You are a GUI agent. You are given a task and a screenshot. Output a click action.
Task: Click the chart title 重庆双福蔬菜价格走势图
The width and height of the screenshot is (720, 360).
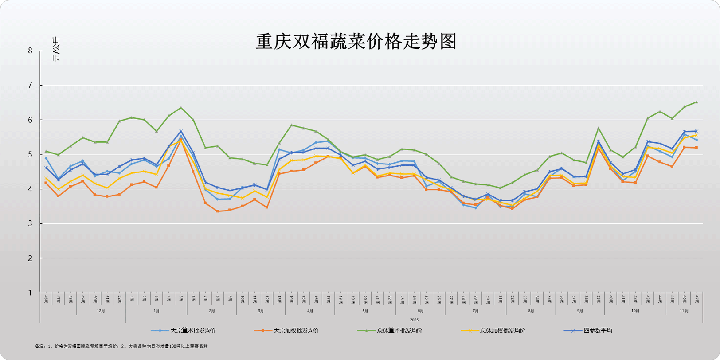click(356, 42)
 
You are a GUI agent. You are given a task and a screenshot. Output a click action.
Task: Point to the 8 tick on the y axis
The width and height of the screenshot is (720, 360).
click(30, 51)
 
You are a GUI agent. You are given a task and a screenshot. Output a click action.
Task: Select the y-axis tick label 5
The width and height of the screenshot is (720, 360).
click(30, 154)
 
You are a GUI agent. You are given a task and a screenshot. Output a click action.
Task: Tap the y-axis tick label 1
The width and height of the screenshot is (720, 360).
click(30, 293)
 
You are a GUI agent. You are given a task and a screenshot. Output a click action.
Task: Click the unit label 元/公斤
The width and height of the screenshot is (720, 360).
click(56, 49)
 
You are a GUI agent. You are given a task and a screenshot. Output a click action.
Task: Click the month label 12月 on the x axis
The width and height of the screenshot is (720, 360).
click(101, 311)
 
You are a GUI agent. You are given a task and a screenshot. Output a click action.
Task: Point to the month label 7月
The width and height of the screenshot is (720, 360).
click(476, 311)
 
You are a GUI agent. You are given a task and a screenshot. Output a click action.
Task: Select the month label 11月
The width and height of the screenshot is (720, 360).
click(684, 311)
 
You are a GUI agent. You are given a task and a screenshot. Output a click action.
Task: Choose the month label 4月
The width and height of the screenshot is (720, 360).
click(310, 311)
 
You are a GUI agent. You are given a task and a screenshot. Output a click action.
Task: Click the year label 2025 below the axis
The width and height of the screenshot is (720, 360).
click(414, 320)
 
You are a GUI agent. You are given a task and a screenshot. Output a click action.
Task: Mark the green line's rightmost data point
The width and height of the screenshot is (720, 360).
click(697, 102)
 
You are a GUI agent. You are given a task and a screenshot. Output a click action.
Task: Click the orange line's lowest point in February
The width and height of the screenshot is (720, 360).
click(217, 211)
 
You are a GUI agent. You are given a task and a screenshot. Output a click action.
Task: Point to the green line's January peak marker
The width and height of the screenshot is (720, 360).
click(181, 108)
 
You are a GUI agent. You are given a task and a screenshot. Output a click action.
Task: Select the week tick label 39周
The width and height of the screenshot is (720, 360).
click(599, 300)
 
